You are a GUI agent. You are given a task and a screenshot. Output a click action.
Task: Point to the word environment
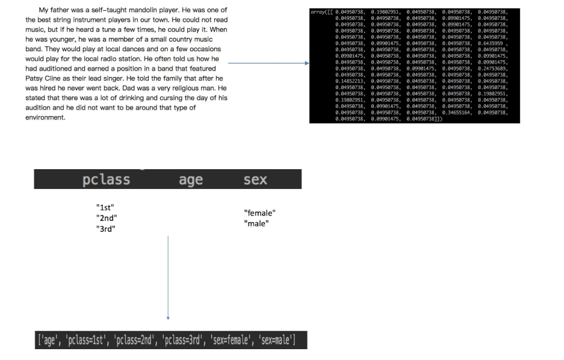click(x=45, y=117)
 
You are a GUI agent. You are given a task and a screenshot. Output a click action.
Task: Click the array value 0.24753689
click(x=493, y=68)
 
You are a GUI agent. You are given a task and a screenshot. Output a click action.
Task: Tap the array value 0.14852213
click(x=350, y=81)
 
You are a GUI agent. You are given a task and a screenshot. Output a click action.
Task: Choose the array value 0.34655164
click(x=457, y=113)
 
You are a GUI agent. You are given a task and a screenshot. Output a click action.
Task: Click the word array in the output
click(x=320, y=11)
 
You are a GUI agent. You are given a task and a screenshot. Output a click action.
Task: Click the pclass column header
click(x=106, y=180)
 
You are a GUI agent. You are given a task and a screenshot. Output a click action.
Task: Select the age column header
click(x=191, y=180)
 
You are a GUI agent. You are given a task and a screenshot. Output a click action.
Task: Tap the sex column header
click(x=255, y=180)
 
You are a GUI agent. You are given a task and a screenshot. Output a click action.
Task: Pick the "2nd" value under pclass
click(x=107, y=218)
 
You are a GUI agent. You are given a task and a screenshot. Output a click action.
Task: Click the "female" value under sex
click(x=260, y=213)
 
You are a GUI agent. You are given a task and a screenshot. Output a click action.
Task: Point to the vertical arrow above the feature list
click(x=168, y=277)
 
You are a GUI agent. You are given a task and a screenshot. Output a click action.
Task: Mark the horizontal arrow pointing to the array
click(x=268, y=63)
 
